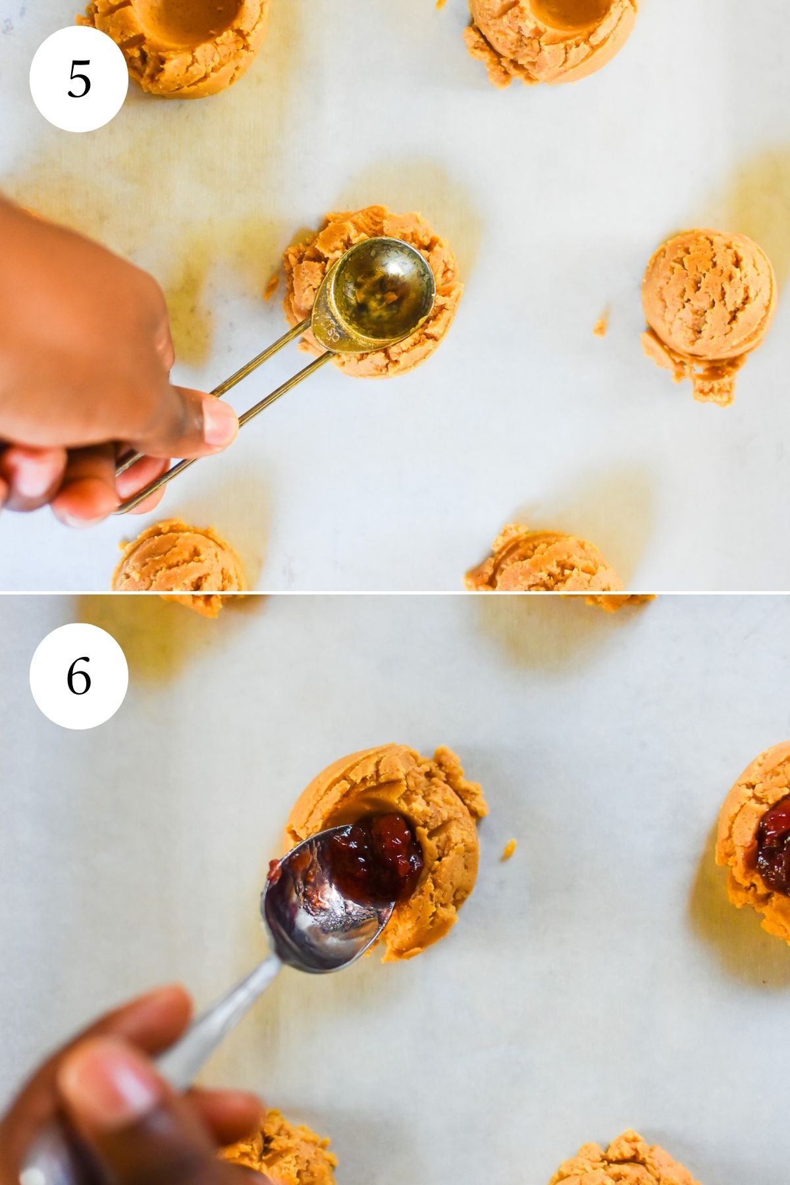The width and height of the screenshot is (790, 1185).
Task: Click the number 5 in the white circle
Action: (x=79, y=80)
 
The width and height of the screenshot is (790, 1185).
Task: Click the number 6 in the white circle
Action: (x=79, y=676)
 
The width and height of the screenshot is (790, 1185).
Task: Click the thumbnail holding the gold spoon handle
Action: (x=220, y=421)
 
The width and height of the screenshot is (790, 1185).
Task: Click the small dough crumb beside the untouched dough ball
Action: (x=600, y=326)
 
